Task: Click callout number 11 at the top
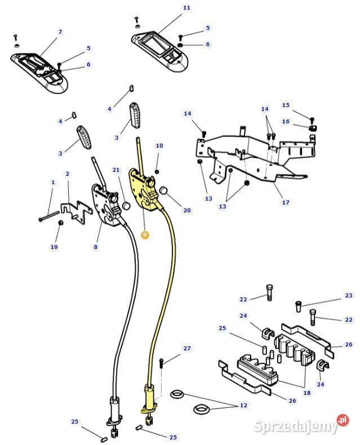(x=186, y=8)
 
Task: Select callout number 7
(x=60, y=33)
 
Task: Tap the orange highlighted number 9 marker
(x=145, y=234)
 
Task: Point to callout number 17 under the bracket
(x=286, y=202)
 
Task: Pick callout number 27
(x=187, y=348)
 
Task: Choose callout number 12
(x=243, y=406)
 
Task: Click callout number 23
(x=349, y=295)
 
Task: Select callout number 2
(x=68, y=174)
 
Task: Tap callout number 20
(x=187, y=210)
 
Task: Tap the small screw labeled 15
(x=312, y=119)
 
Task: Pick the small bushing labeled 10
(x=157, y=171)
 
